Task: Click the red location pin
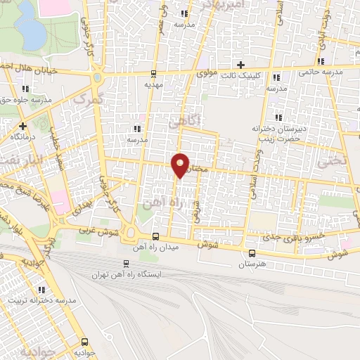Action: [x=181, y=165]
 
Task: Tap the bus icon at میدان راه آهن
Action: [x=155, y=237]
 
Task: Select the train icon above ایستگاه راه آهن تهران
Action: [x=126, y=263]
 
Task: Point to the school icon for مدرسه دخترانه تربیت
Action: [x=41, y=290]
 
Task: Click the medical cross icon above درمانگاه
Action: [x=23, y=125]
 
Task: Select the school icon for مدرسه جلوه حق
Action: [x=25, y=89]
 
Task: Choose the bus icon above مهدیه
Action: [x=152, y=73]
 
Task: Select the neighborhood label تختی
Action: [x=333, y=160]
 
